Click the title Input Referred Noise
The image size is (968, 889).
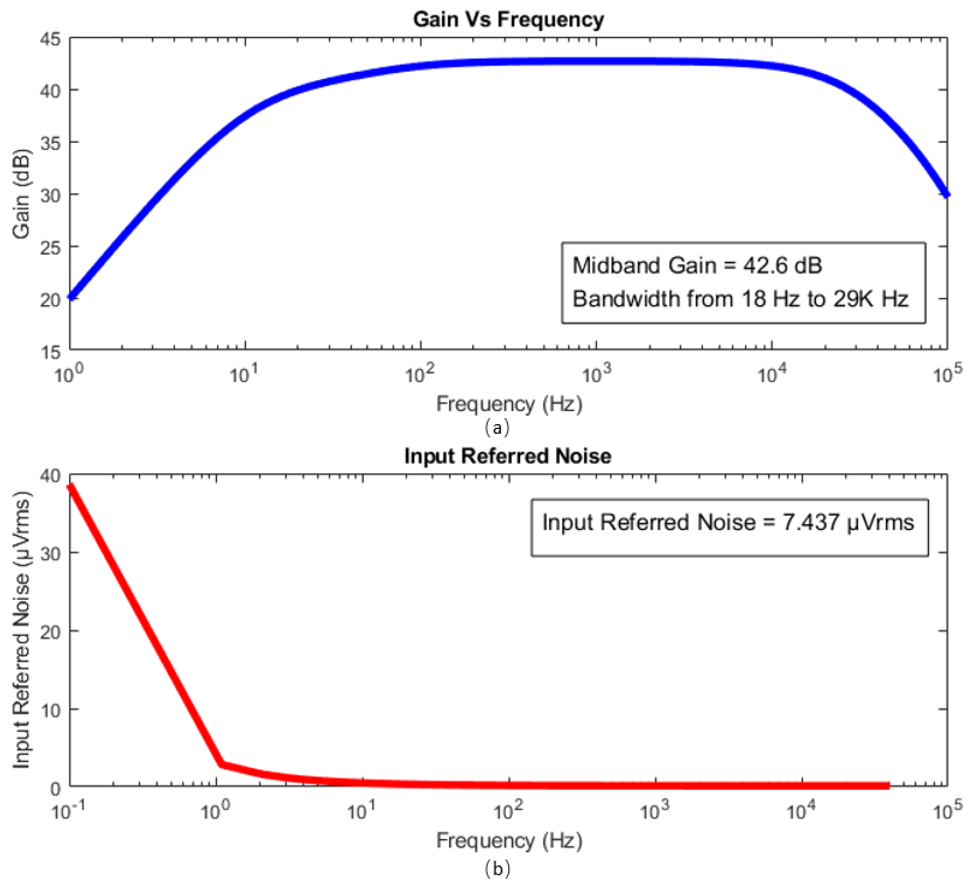point(508,456)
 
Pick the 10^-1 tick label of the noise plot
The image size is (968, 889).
point(67,811)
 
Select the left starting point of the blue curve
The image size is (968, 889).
point(71,297)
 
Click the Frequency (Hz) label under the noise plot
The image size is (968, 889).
point(509,840)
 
